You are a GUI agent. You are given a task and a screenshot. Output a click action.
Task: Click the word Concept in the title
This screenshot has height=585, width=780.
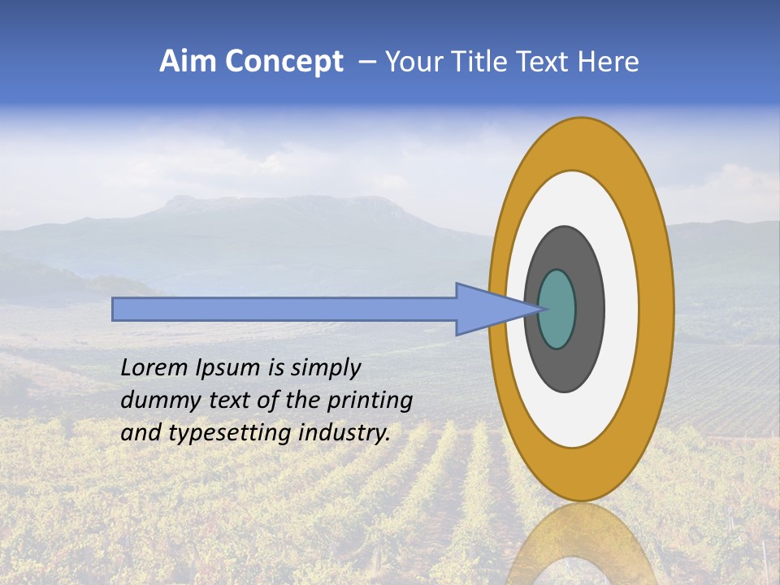click(x=284, y=62)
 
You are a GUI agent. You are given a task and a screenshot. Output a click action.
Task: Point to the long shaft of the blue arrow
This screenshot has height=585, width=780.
click(x=284, y=309)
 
